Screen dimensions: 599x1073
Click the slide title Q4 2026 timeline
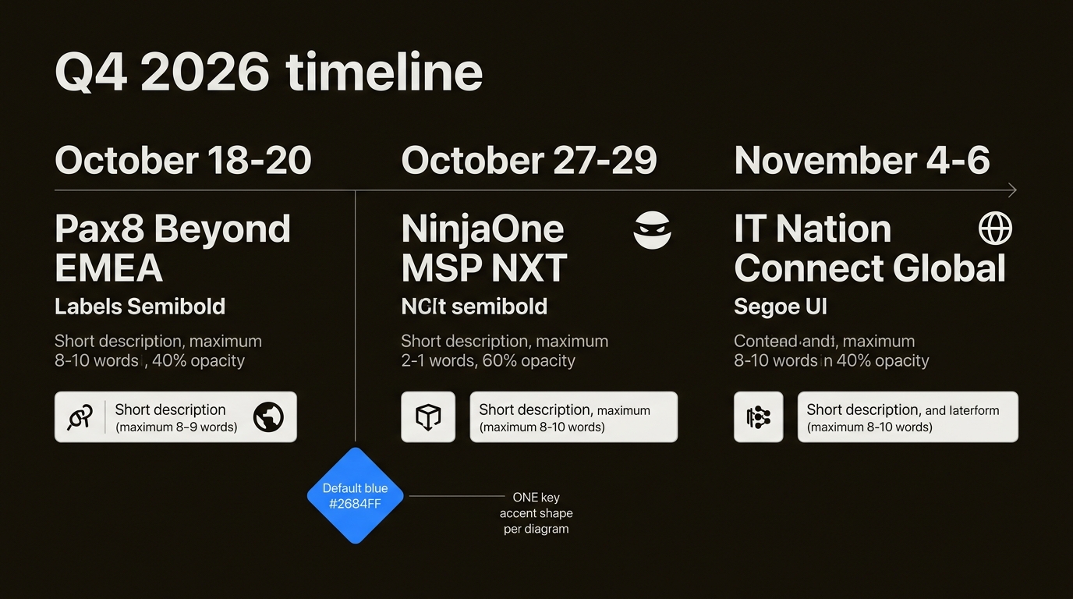(x=269, y=73)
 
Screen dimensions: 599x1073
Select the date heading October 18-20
(x=183, y=161)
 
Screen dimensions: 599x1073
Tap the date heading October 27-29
(x=529, y=161)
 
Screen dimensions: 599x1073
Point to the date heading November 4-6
(x=862, y=161)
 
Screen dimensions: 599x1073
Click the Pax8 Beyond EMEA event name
(x=172, y=249)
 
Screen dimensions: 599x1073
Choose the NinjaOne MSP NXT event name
(x=483, y=249)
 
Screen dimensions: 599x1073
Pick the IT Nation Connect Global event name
(x=869, y=249)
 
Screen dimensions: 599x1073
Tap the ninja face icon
(x=652, y=230)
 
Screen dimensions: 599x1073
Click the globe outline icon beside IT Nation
(x=995, y=229)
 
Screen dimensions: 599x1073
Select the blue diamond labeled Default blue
(x=356, y=496)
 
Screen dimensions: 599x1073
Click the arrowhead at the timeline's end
(x=1012, y=190)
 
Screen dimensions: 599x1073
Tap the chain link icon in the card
(x=80, y=417)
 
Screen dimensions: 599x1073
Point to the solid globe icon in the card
(x=268, y=417)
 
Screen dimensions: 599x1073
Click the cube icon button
(x=428, y=417)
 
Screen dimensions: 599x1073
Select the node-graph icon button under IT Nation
(x=758, y=417)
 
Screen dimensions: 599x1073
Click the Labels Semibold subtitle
(x=140, y=307)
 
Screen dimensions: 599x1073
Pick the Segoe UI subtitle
(x=780, y=307)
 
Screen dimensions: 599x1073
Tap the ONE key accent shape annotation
(x=536, y=512)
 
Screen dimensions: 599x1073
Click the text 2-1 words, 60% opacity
(x=488, y=360)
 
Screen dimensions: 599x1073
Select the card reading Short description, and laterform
(x=907, y=417)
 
